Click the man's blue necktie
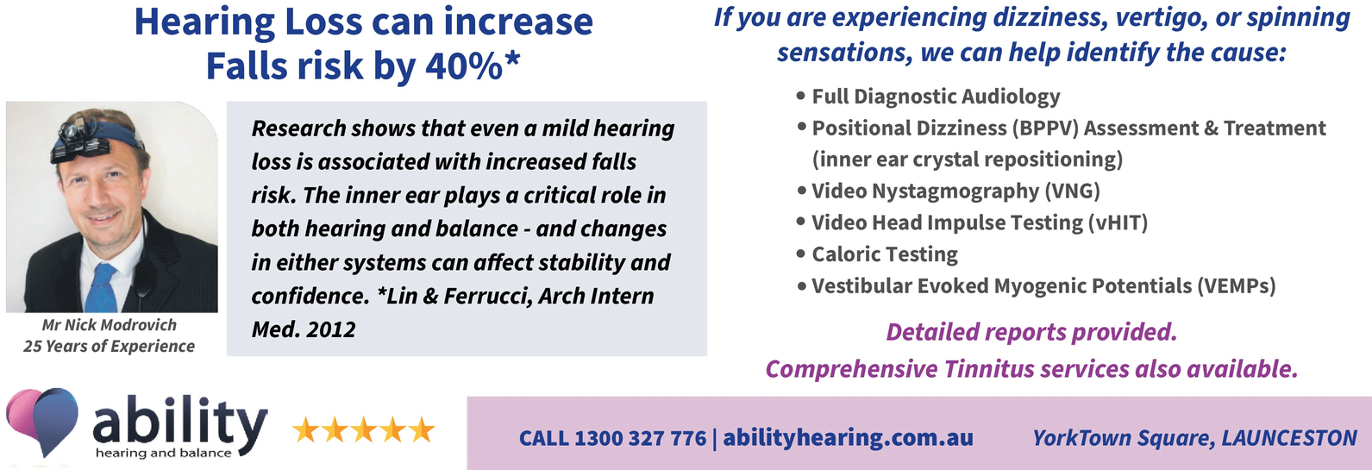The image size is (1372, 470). point(101,288)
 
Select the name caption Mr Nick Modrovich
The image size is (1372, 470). point(109,325)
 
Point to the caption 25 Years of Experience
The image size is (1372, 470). point(109,346)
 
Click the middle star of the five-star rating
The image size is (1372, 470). point(363,429)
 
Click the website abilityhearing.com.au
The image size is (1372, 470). point(848,438)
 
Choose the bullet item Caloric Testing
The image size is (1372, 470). point(885,254)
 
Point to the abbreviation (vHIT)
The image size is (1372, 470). point(1118,222)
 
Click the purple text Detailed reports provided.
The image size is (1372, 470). point(1031,332)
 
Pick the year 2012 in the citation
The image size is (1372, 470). point(331,330)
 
